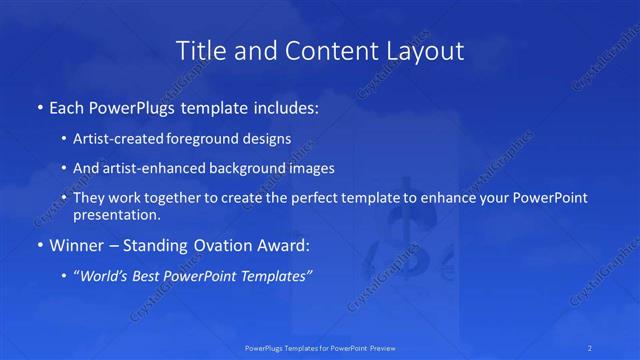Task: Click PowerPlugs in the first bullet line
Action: coord(135,106)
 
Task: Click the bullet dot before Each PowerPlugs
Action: coord(39,106)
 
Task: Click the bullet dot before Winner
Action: coord(39,245)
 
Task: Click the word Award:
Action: coord(285,245)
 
